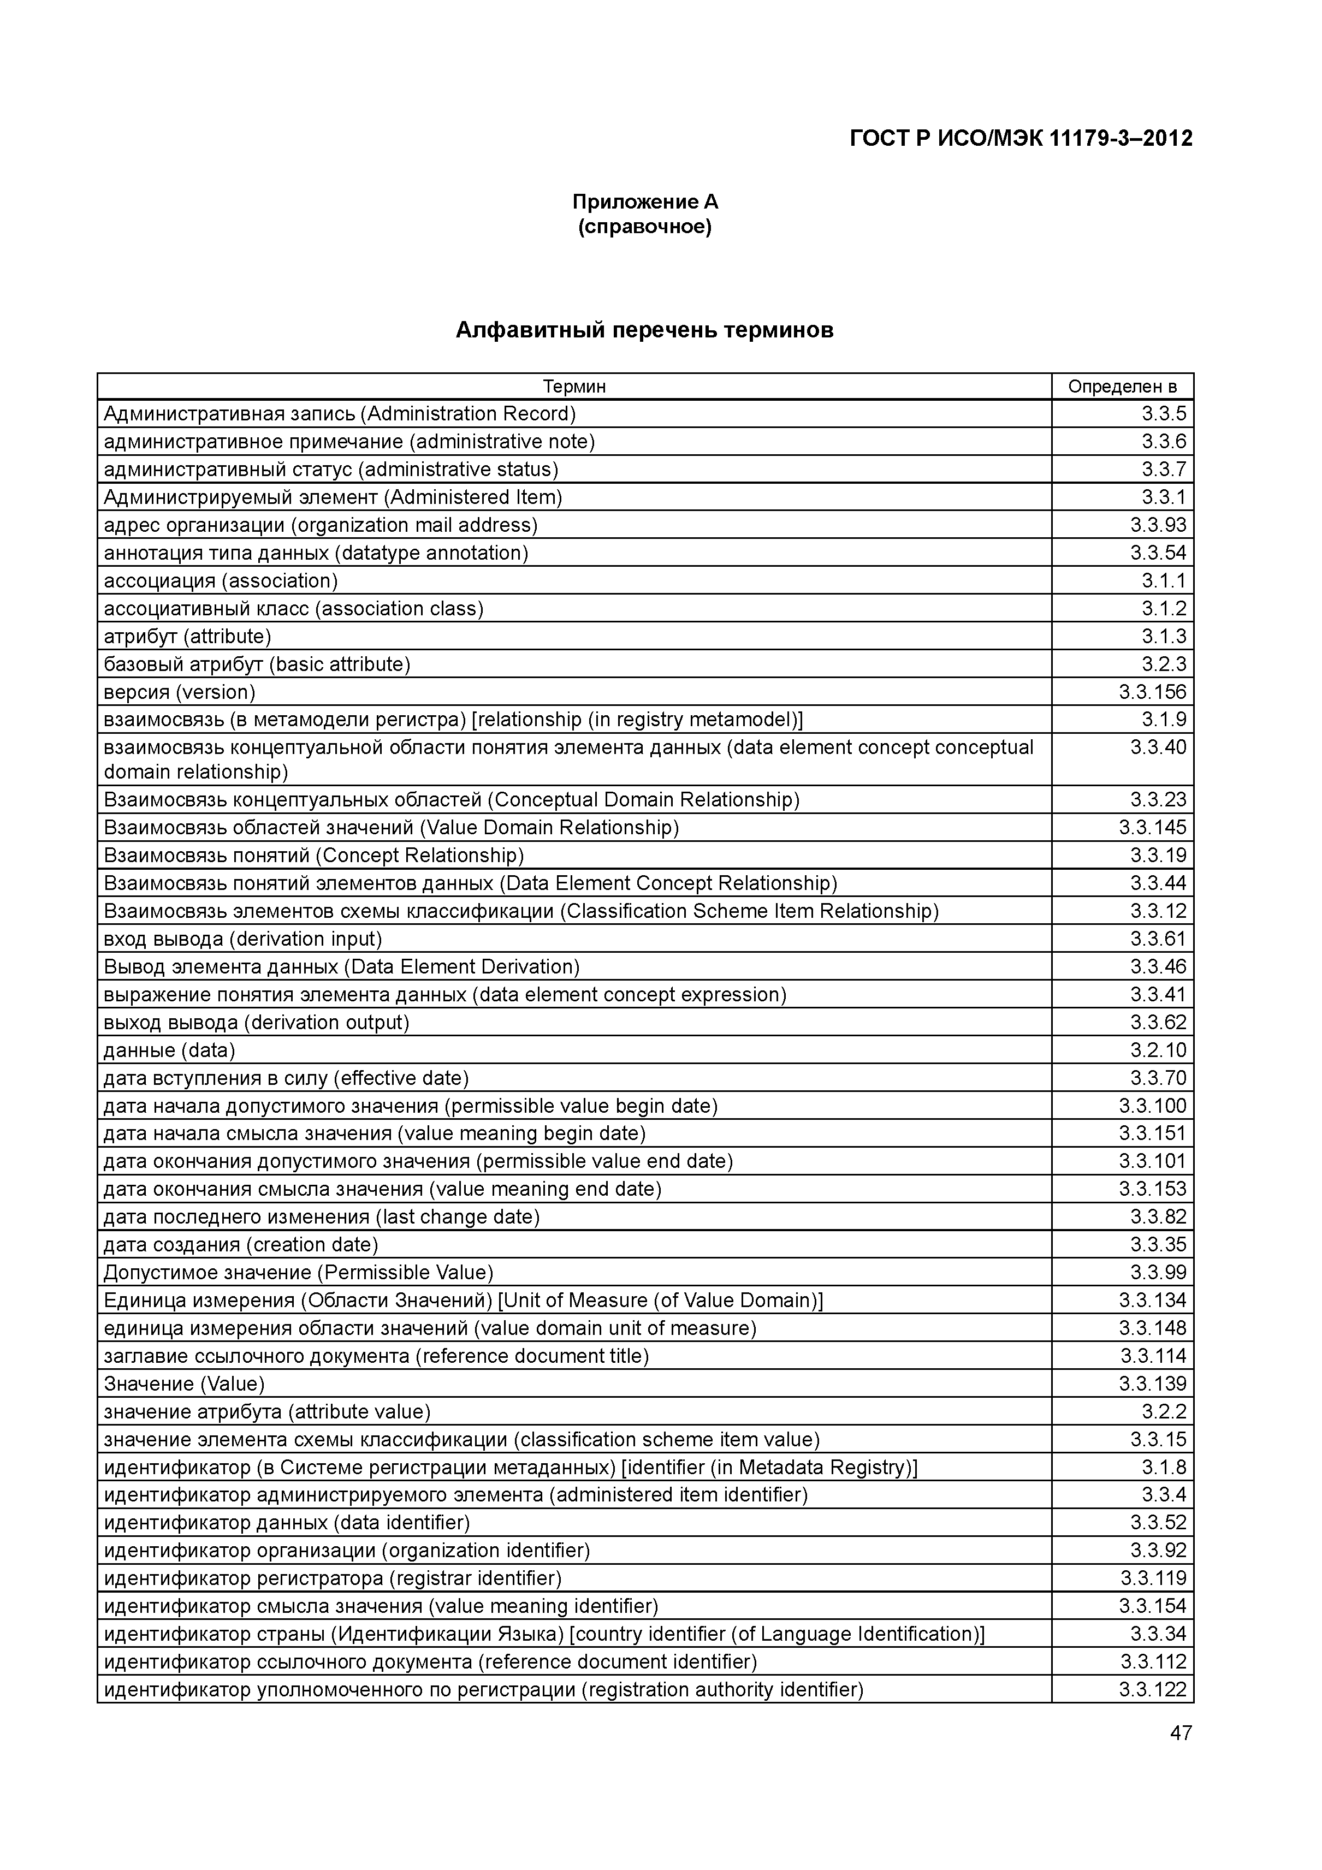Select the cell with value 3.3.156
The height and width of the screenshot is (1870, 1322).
click(x=1153, y=692)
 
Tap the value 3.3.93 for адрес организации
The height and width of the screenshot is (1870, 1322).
click(x=1158, y=525)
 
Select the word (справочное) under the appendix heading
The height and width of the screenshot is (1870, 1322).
click(x=645, y=227)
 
